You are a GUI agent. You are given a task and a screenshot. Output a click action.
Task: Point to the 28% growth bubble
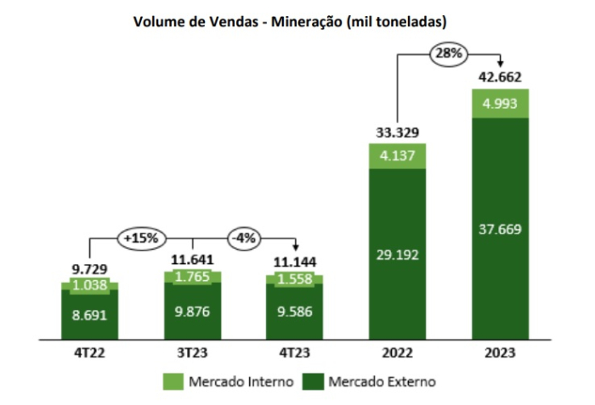[x=449, y=53]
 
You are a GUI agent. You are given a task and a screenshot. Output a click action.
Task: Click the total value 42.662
[x=500, y=76]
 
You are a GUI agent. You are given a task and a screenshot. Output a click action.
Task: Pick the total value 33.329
[x=397, y=132]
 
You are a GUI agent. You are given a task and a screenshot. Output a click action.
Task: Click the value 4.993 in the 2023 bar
[x=500, y=104]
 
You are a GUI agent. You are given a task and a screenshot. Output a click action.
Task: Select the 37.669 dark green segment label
[x=500, y=228]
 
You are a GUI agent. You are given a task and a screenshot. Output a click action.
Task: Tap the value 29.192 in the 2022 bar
[x=397, y=253]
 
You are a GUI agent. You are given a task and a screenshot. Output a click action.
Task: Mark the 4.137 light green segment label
[x=397, y=156]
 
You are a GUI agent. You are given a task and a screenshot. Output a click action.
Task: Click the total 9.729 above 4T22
[x=89, y=269]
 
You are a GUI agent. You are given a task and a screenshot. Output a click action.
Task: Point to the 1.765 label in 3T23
[x=193, y=277]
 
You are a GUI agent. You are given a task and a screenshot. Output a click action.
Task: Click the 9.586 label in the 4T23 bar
[x=295, y=311]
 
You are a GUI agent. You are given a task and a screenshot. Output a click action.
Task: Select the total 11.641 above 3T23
[x=193, y=260]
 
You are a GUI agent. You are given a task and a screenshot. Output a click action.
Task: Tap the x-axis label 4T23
[x=295, y=352]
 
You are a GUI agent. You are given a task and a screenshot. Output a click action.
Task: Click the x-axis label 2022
[x=397, y=352]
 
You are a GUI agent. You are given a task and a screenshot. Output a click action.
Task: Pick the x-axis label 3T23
[x=193, y=352]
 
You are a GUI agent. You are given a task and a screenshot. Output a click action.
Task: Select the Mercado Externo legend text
[x=382, y=382]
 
